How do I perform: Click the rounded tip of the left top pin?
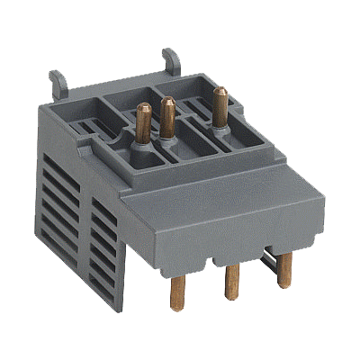tap(142, 108)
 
